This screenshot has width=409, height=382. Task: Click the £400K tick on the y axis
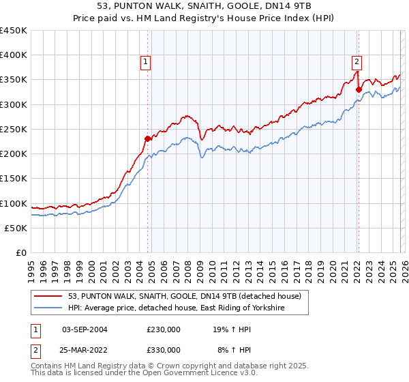click(x=14, y=55)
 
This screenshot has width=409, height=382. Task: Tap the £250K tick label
click(x=14, y=129)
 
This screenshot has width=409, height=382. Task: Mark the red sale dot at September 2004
click(x=147, y=139)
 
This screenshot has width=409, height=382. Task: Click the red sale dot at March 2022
click(x=359, y=89)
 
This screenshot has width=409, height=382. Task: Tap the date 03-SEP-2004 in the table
click(x=85, y=329)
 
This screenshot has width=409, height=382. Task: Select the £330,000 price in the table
click(x=164, y=349)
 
